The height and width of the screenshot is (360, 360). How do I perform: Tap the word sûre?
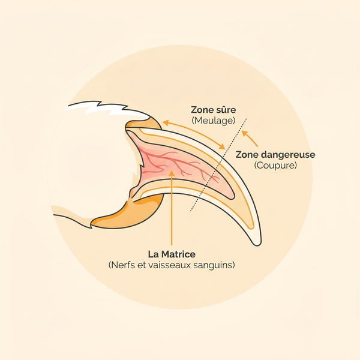[x=226, y=110]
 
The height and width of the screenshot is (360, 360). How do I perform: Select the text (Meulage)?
[x=214, y=121]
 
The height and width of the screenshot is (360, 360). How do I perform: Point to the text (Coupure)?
[x=275, y=166]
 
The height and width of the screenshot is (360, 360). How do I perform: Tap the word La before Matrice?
[x=154, y=254]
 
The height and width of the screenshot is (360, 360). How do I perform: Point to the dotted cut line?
[x=218, y=166]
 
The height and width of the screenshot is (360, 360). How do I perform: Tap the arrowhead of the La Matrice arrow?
[x=172, y=173]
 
